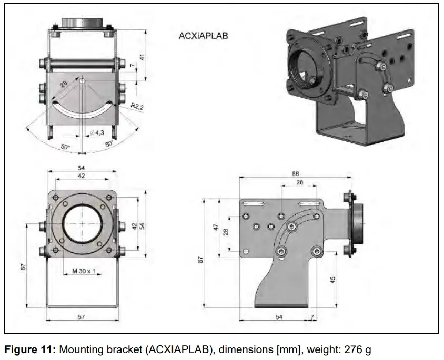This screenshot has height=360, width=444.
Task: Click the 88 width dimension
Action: (296, 173)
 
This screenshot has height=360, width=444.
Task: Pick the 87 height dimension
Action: (200, 260)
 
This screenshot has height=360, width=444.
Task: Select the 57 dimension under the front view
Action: (81, 317)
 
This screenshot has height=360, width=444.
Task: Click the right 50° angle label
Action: (109, 143)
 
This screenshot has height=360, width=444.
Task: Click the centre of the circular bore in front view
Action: (82, 223)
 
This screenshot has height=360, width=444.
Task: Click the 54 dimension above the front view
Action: (82, 167)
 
